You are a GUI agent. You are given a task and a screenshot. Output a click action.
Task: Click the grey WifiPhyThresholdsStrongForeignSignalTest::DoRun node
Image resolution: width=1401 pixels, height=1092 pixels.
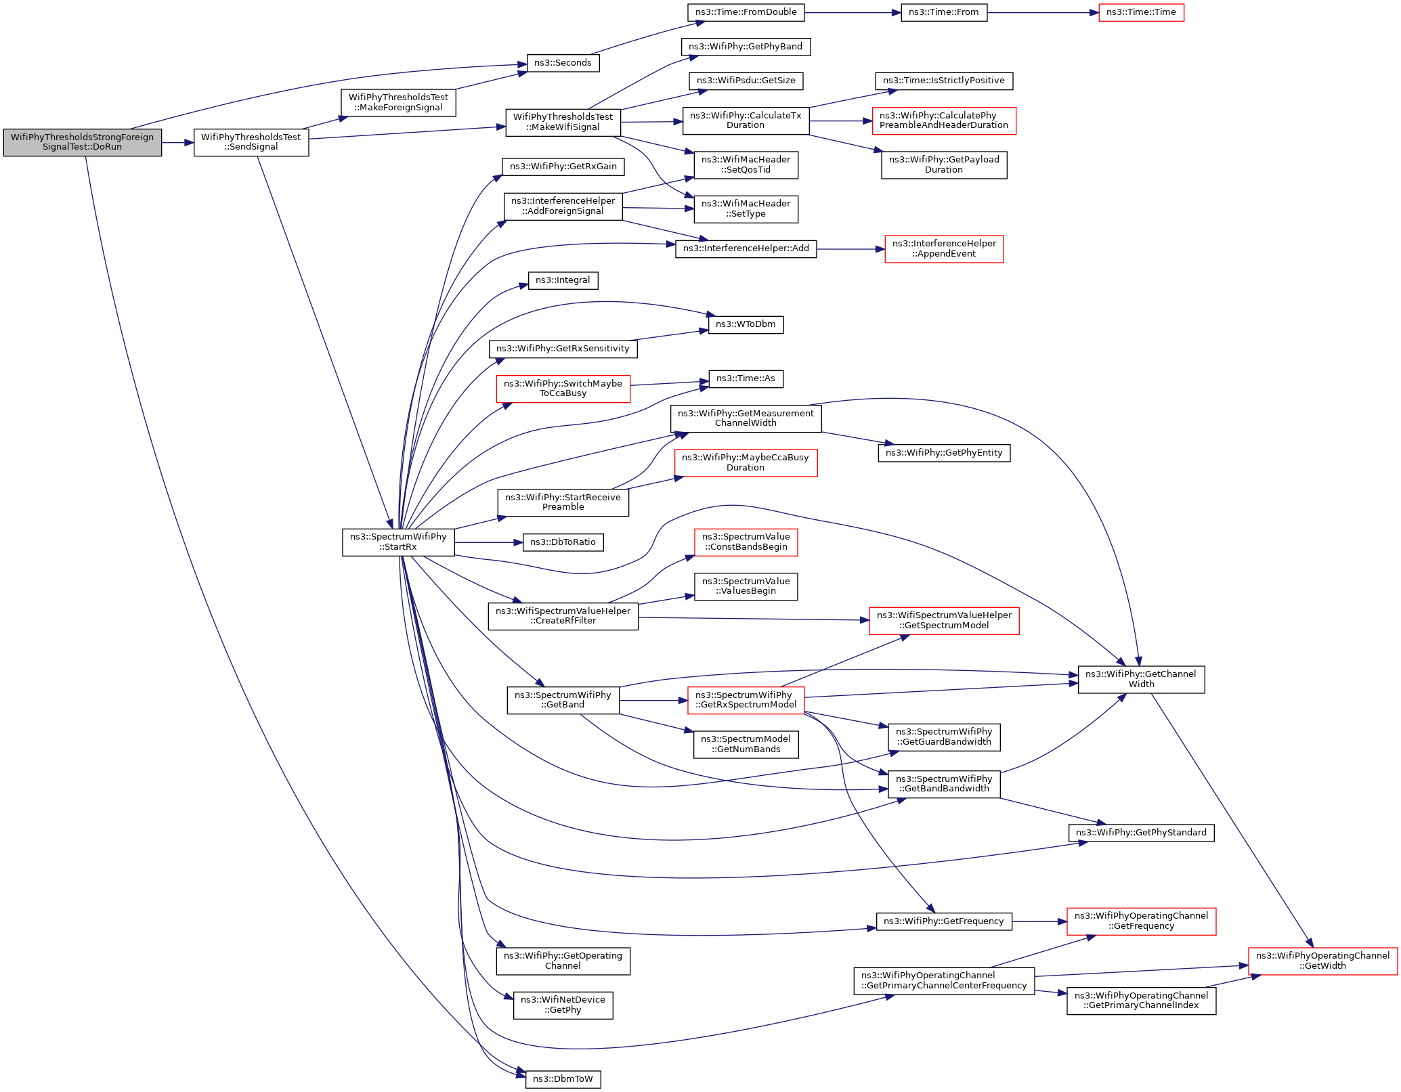(83, 142)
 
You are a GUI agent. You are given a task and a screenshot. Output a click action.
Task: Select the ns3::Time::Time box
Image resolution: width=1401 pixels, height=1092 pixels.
(1141, 12)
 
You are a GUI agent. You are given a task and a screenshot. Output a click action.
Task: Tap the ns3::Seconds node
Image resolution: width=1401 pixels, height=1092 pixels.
(563, 63)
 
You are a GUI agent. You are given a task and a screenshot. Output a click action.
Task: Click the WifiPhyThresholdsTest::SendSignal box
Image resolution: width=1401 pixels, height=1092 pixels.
(251, 142)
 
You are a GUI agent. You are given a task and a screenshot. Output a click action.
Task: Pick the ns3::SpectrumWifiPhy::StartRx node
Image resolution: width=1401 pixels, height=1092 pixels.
(398, 542)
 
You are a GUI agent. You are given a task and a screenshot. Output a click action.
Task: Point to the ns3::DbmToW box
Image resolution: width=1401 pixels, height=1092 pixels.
(563, 1079)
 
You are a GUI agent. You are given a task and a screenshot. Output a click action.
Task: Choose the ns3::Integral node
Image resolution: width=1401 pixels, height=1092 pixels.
(563, 280)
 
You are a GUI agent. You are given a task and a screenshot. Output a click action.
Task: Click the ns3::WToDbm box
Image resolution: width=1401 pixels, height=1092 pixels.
(746, 324)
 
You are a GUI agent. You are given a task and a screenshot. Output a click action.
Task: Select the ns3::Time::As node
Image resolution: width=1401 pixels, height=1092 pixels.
(746, 378)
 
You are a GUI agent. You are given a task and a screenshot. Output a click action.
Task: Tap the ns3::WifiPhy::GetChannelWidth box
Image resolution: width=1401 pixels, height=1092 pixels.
(1141, 679)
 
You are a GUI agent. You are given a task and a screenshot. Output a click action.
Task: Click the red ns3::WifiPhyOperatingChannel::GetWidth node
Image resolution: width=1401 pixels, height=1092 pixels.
(1322, 961)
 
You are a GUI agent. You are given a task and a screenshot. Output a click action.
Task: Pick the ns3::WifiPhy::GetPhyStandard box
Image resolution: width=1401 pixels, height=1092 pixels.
(1141, 833)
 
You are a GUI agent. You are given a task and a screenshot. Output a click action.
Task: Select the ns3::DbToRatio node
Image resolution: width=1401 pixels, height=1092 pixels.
(563, 542)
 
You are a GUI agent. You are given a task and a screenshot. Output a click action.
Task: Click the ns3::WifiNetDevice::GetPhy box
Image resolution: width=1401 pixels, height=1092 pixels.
(563, 1005)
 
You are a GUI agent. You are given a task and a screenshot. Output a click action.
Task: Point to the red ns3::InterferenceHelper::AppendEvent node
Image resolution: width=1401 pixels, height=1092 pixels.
(944, 249)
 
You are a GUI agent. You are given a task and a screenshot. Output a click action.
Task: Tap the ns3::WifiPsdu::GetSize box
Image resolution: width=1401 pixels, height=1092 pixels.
(746, 81)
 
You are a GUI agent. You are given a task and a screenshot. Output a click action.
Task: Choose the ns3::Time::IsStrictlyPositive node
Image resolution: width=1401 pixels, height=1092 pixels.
(944, 81)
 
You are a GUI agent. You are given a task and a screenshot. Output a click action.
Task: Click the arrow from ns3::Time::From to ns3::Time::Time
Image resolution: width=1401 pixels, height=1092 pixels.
(1043, 12)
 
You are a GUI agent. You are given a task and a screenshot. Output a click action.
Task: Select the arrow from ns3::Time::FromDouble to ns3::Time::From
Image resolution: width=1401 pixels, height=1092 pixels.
(853, 12)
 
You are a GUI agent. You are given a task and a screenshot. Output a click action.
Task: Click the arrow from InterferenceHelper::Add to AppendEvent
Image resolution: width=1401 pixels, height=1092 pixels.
(850, 249)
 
